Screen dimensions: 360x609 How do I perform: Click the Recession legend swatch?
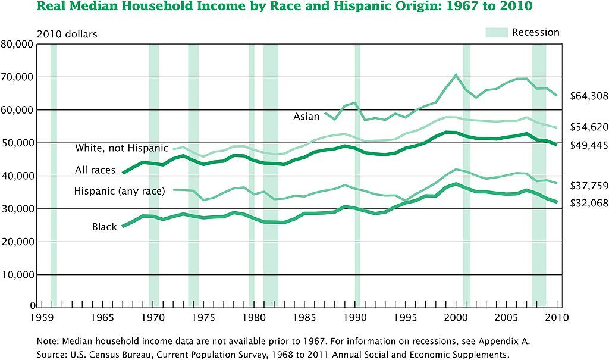(x=497, y=32)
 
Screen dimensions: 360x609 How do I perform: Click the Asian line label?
(x=306, y=117)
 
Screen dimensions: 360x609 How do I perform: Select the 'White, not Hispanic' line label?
(x=121, y=148)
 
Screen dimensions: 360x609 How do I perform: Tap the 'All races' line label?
(x=95, y=170)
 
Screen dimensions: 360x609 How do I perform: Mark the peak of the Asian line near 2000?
(x=456, y=75)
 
